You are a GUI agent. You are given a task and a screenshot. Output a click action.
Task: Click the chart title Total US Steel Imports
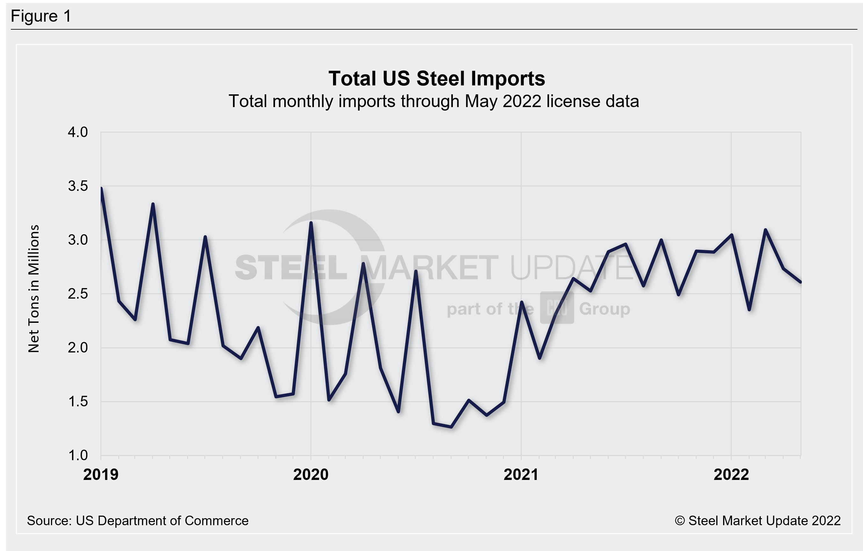[437, 78]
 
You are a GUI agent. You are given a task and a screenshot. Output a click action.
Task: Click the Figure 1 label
[41, 16]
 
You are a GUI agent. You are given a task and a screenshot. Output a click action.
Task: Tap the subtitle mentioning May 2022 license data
[434, 101]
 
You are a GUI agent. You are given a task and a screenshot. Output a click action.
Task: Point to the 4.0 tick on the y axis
[78, 132]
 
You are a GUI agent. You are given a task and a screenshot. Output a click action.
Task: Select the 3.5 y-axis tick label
[78, 186]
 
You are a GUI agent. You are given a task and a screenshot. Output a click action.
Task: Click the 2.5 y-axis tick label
[78, 294]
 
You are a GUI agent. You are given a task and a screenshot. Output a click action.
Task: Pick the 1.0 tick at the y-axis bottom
[78, 455]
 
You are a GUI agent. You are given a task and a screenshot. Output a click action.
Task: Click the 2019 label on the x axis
[101, 475]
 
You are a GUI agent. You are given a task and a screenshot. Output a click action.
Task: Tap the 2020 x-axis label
[311, 475]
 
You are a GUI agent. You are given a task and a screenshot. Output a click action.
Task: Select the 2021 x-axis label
[521, 475]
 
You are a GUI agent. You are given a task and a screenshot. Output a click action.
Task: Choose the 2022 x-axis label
[731, 475]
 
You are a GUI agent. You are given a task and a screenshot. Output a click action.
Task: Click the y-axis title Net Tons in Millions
[33, 289]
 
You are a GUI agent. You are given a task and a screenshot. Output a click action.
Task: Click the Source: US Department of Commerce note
[138, 520]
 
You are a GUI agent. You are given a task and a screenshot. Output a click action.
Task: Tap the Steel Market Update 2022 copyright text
[758, 520]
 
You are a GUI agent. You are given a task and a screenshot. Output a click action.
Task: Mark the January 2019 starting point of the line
[101, 189]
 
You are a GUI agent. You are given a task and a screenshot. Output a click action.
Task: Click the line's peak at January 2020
[311, 223]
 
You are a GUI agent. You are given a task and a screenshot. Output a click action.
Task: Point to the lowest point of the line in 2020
[451, 427]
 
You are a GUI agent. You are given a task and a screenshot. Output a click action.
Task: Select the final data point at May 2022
[800, 282]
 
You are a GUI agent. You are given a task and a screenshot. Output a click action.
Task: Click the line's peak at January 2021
[521, 302]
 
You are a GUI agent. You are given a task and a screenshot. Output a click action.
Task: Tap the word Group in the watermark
[605, 309]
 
